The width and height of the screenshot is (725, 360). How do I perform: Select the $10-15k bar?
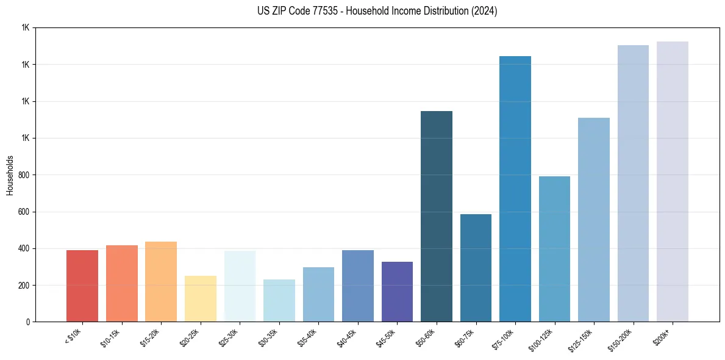pyautogui.click(x=121, y=283)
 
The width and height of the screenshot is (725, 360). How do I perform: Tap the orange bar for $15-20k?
pyautogui.click(x=161, y=281)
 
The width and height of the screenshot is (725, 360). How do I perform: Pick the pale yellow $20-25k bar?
pyautogui.click(x=200, y=298)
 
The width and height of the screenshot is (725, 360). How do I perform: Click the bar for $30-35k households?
pyautogui.click(x=279, y=300)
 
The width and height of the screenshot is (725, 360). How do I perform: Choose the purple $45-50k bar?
pyautogui.click(x=397, y=292)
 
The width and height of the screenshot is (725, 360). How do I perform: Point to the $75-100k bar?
pyautogui.click(x=515, y=189)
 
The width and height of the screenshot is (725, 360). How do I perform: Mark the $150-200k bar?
pyautogui.click(x=633, y=183)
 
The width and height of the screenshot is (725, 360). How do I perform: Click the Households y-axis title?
pyautogui.click(x=10, y=175)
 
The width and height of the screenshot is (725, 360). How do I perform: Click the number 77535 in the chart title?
pyautogui.click(x=313, y=11)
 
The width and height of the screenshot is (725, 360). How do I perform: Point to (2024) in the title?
pyautogui.click(x=484, y=11)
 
